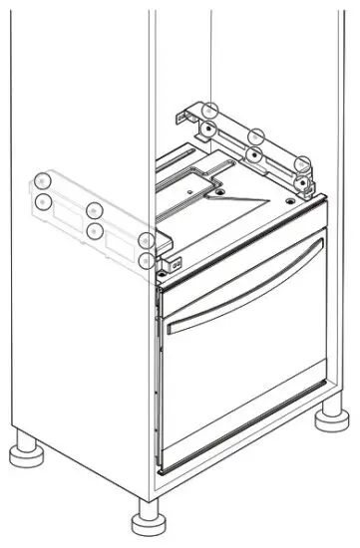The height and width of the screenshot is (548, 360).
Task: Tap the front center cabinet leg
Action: pyautogui.click(x=146, y=521)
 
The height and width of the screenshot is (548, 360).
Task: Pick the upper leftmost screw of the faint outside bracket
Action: pyautogui.click(x=42, y=180)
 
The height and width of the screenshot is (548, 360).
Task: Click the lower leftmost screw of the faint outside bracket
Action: pyautogui.click(x=43, y=202)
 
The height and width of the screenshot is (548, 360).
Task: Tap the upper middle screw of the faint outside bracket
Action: pyautogui.click(x=94, y=210)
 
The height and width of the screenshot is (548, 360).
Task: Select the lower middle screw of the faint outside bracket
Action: pyautogui.click(x=94, y=231)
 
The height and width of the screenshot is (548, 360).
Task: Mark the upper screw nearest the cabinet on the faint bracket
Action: pyautogui.click(x=147, y=240)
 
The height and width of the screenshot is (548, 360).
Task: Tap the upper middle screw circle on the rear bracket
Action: pyautogui.click(x=256, y=136)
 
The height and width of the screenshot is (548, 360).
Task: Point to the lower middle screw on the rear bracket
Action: pyautogui.click(x=255, y=154)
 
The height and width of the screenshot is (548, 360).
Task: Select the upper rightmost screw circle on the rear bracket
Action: pyautogui.click(x=303, y=163)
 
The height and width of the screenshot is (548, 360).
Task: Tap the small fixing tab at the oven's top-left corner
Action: pyautogui.click(x=177, y=264)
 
